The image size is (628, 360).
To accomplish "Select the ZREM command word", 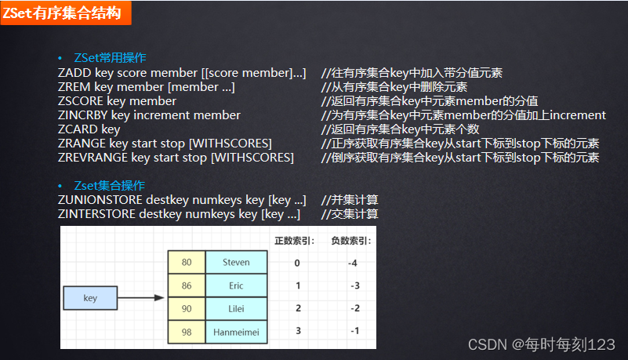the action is [74, 87].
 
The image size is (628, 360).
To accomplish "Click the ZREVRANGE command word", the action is [93, 158].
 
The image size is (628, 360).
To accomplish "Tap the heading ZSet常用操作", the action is [110, 58].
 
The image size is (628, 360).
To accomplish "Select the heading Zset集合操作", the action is [109, 186].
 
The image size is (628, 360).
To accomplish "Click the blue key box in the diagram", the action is [90, 298].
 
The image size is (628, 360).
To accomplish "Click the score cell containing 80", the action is [187, 263].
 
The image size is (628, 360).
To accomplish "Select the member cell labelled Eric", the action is [236, 286].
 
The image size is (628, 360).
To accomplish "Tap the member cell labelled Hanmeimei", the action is [236, 332].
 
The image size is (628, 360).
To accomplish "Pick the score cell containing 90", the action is [187, 309].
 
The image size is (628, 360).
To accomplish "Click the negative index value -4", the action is [353, 263].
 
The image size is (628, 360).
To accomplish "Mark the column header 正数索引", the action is [294, 241].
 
